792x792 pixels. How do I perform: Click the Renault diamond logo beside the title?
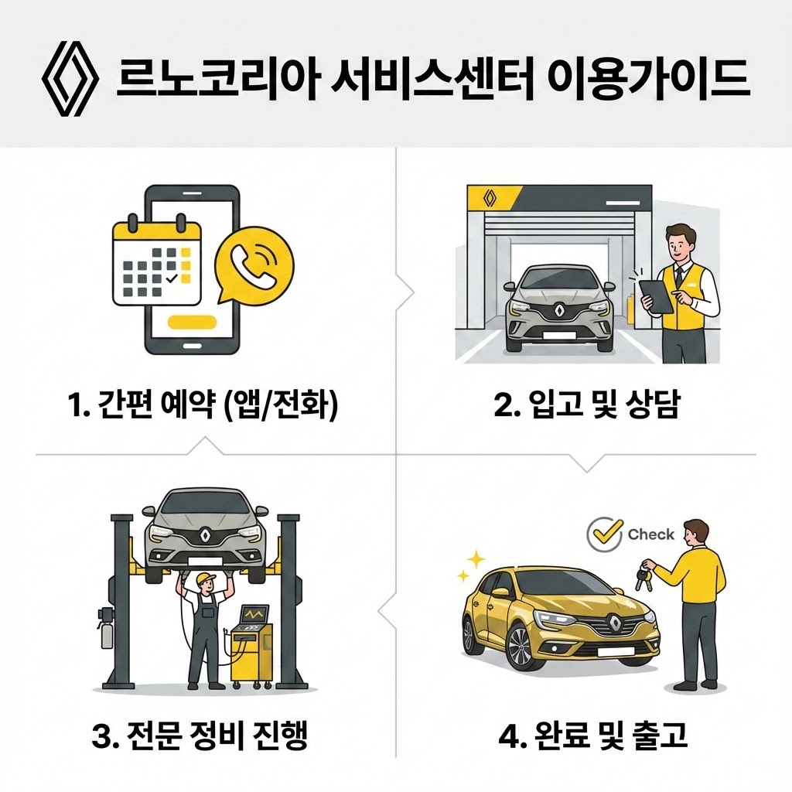point(69,80)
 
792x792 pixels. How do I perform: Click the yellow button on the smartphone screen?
point(193,321)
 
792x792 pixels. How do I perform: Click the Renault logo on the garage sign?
point(488,199)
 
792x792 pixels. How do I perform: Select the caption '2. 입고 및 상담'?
point(585,406)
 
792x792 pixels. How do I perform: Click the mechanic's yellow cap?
point(205,578)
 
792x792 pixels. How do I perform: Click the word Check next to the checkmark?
point(650,534)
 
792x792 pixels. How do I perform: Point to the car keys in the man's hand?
point(643,575)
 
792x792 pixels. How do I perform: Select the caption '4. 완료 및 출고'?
point(593,735)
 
